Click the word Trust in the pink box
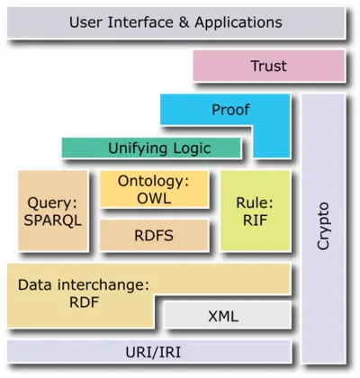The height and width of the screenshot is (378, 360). (267, 67)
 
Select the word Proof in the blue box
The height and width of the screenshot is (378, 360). (230, 111)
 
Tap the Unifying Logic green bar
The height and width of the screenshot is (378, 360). (150, 147)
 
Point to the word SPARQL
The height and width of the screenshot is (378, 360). (54, 219)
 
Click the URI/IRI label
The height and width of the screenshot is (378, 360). (148, 351)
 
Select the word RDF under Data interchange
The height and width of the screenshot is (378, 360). (82, 303)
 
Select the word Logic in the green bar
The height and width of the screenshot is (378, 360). (189, 147)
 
